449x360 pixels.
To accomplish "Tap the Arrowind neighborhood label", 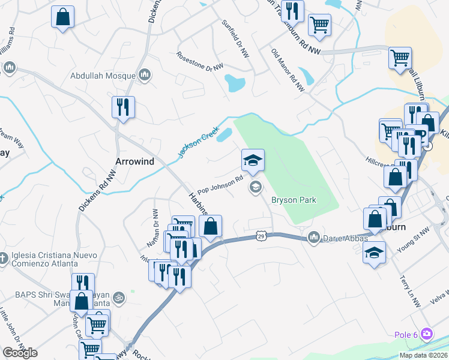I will pyautogui.click(x=134, y=161).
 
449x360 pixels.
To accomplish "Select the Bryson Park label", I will pyautogui.click(x=294, y=200).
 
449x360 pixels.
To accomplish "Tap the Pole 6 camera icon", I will pyautogui.click(x=427, y=333).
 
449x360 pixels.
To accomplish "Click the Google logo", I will pyautogui.click(x=20, y=352).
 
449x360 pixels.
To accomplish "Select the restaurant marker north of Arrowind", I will pyautogui.click(x=123, y=108).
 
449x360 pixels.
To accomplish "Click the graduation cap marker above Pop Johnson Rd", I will pyautogui.click(x=253, y=160).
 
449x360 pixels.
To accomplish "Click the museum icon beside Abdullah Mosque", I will pyautogui.click(x=144, y=75).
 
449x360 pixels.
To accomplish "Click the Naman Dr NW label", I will pyautogui.click(x=152, y=229).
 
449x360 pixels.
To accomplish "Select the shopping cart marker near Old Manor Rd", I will pyautogui.click(x=319, y=25).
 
